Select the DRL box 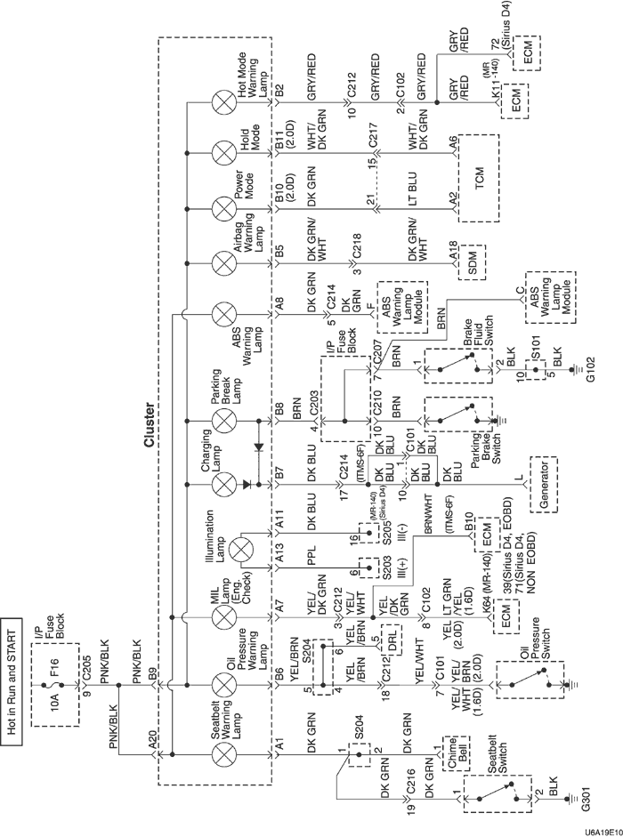(389, 637)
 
